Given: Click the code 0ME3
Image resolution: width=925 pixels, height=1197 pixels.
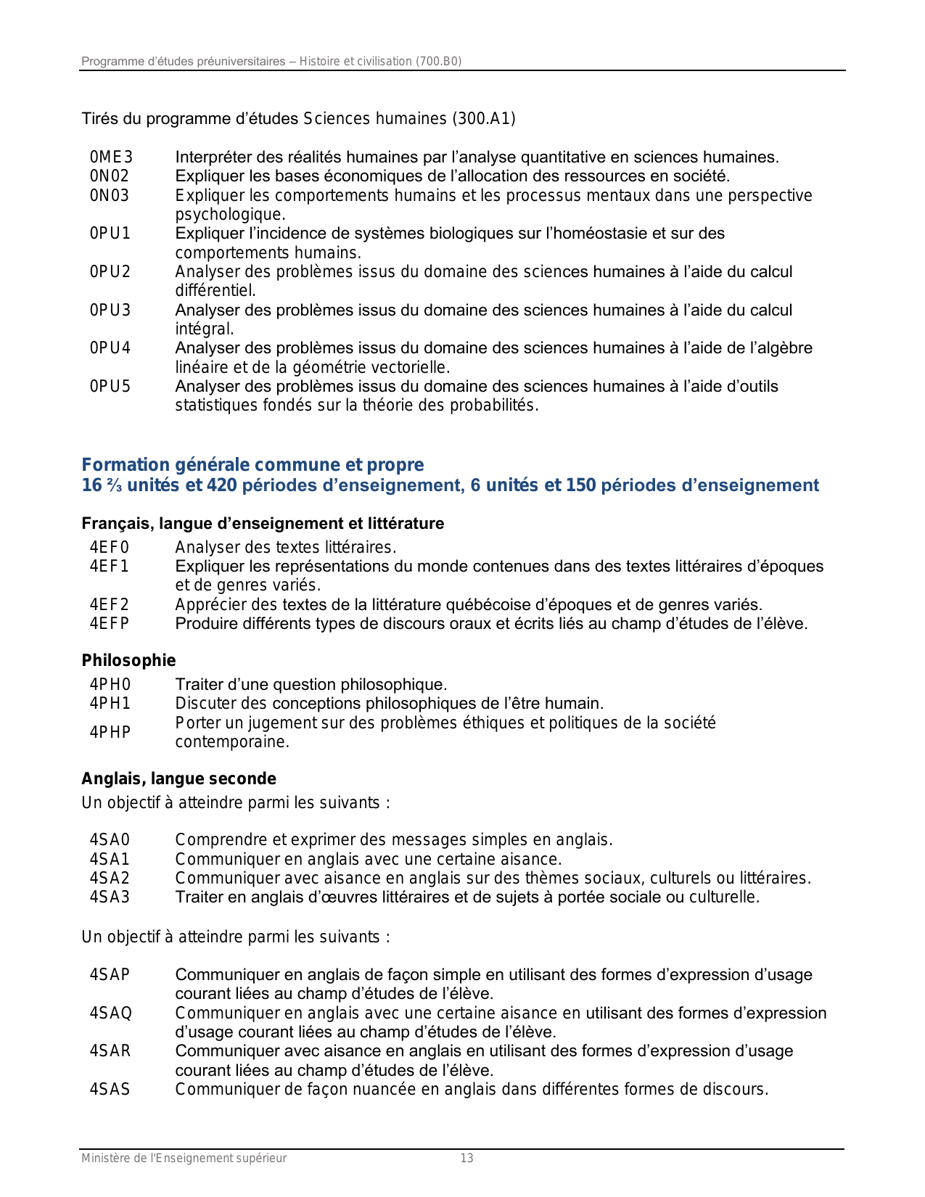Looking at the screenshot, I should pos(111,157).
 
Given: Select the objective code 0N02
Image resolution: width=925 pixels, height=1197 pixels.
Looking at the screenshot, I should pos(110,176).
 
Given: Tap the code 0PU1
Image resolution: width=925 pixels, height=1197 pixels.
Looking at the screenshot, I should pos(110,234).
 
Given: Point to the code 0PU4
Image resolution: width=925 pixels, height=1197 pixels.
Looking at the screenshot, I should pos(110,348).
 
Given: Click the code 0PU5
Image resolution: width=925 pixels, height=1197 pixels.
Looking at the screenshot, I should pos(110,386).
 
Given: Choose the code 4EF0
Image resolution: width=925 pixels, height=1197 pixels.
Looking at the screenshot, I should pos(110,547).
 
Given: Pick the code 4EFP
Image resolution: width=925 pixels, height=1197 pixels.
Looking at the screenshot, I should pos(110,624).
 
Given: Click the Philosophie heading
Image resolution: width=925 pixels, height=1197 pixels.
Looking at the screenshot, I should pos(128,661).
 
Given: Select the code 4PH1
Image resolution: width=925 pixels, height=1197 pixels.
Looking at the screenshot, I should pos(110,704).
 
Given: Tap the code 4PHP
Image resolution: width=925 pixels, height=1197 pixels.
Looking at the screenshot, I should pos(110,733).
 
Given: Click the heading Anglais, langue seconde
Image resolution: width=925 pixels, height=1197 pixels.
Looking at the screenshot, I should pos(178,779).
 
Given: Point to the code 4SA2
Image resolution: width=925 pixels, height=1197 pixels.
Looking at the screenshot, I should pos(110,879).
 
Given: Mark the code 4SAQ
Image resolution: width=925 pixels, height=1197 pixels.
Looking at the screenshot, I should pos(111,1013).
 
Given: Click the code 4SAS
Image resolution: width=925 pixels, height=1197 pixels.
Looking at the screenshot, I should pos(110,1090).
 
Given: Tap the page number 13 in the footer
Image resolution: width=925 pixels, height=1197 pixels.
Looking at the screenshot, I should pos(467,1159).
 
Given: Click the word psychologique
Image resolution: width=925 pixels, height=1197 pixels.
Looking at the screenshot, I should pos(230,215).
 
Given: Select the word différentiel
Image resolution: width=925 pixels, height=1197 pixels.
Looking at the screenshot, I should pos(215,291).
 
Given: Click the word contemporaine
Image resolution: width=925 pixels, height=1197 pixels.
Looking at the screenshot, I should pos(232,742).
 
